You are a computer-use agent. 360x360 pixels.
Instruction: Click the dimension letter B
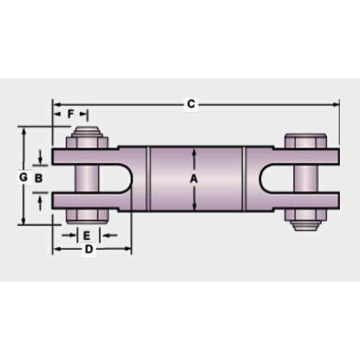[x=39, y=177]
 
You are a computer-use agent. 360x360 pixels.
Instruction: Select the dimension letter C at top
[x=191, y=104]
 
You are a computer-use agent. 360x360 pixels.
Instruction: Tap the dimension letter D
[x=89, y=249]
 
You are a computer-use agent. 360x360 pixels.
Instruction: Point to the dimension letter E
[x=86, y=235]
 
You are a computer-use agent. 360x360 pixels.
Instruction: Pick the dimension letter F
[x=71, y=114]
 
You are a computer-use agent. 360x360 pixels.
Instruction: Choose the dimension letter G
[x=23, y=177]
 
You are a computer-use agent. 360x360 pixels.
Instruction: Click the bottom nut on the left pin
[x=86, y=217]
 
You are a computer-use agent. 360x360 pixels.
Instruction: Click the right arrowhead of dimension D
[x=129, y=249]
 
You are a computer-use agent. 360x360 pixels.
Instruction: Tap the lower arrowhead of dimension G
[x=25, y=222]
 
